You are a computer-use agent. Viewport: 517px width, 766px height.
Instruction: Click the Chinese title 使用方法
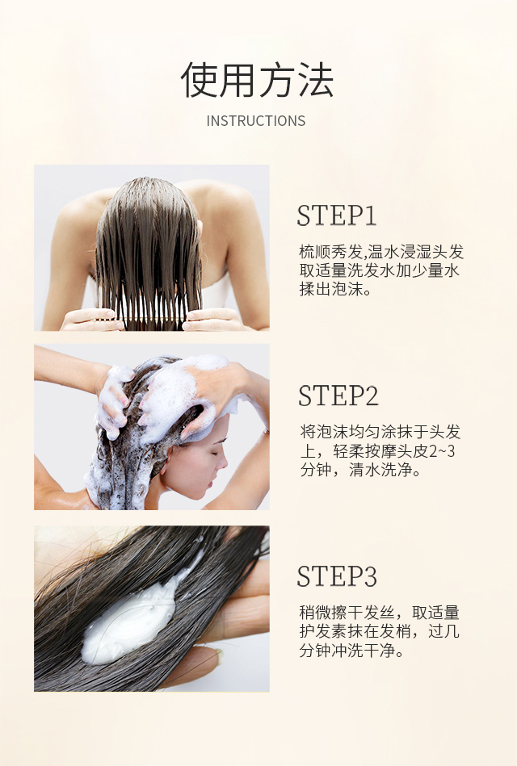click(257, 80)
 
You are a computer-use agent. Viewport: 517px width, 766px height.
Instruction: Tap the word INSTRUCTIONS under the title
click(256, 121)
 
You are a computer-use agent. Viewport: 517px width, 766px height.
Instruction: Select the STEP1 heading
click(336, 216)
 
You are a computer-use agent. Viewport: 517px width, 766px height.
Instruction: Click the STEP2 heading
click(338, 396)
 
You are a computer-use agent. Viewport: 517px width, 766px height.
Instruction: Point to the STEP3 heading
click(337, 576)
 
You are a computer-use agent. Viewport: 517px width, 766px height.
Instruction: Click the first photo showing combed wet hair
click(151, 248)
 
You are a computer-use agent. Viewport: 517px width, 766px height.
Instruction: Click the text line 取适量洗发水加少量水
click(380, 270)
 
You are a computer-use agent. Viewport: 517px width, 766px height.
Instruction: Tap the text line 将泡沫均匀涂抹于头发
click(380, 432)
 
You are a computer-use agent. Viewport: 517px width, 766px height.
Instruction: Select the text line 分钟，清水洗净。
click(360, 469)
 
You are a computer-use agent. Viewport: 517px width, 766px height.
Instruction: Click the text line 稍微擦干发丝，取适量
click(380, 613)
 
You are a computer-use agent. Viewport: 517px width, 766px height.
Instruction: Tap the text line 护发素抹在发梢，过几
click(380, 631)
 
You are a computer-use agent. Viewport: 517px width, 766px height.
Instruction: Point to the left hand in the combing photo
click(90, 320)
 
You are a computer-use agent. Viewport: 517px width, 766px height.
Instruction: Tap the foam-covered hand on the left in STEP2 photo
click(113, 400)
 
